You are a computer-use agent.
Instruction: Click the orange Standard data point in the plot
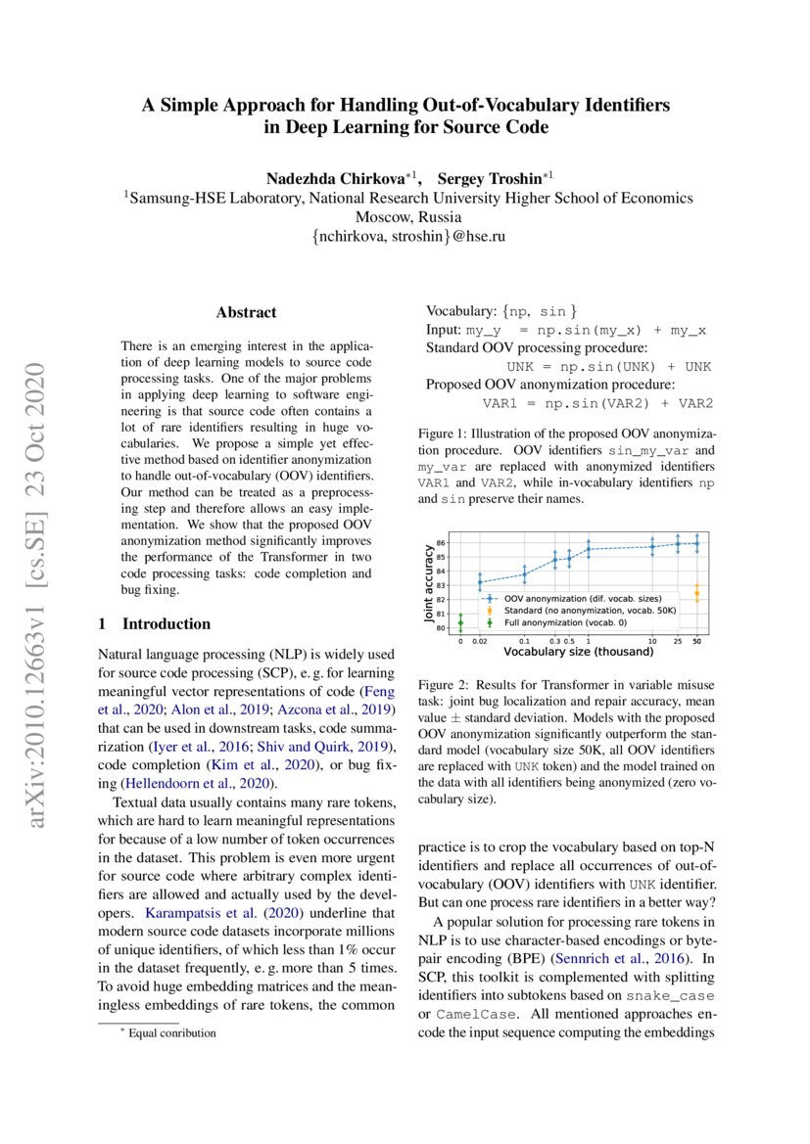point(696,593)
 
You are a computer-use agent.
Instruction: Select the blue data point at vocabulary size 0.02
point(480,582)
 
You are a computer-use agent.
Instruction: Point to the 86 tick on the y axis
point(441,543)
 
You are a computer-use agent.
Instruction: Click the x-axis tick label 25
point(676,641)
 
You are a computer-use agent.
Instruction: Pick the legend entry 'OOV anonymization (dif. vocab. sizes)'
point(578,596)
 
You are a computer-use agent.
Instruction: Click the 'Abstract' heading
point(246,313)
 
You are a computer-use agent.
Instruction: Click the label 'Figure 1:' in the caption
point(446,434)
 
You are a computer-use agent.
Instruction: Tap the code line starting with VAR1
point(597,403)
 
